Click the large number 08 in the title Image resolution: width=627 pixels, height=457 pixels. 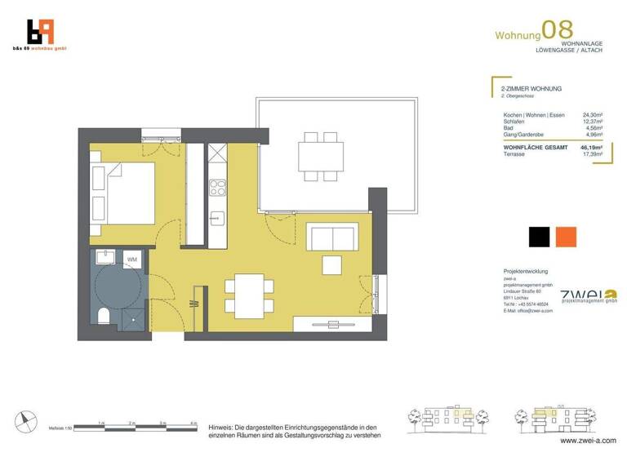558,30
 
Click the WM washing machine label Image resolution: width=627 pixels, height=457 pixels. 131,260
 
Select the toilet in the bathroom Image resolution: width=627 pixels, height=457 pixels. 104,316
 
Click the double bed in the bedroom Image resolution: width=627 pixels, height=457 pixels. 122,193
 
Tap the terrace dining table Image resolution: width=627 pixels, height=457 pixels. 319,154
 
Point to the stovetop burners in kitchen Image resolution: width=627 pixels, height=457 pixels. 217,188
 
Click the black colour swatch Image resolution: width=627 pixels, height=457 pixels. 539,237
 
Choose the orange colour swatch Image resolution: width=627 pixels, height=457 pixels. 565,237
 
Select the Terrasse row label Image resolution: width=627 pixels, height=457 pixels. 514,153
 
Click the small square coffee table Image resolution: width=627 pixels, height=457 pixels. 331,266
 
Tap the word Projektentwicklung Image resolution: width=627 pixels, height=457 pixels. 526,271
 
